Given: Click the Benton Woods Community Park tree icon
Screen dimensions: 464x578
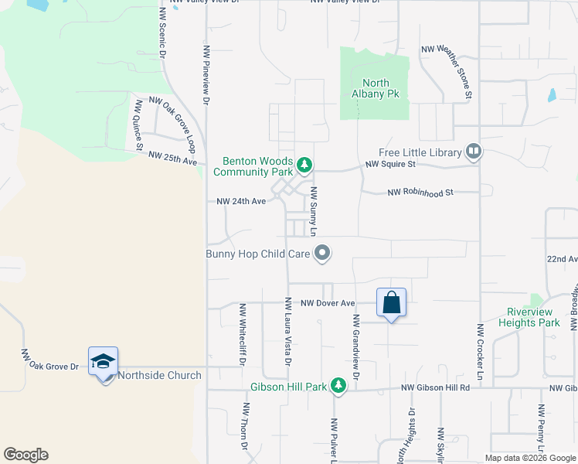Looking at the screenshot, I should coord(305,165).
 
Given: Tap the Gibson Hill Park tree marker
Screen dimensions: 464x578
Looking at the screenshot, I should coord(338,384).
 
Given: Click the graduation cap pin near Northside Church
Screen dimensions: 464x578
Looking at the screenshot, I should coord(103,362).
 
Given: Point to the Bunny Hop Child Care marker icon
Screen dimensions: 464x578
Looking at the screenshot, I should coord(323,253).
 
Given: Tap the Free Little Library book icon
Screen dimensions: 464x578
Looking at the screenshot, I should coord(474,152).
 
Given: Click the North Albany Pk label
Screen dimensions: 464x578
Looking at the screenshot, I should coord(376,88).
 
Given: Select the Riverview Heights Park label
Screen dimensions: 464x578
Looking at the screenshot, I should coord(532,317).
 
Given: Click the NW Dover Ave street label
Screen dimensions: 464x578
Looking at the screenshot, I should coord(328,303).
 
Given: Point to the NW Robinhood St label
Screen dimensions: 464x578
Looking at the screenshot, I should coord(420,192).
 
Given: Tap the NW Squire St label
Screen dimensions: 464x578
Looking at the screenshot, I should coord(390,164).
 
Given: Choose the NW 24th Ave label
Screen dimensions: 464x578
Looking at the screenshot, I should coord(241,201).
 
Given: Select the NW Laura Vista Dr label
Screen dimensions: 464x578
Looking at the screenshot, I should coord(287,332).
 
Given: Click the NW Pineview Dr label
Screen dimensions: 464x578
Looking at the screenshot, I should coord(206,74).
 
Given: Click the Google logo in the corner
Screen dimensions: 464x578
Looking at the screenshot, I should coord(25,455).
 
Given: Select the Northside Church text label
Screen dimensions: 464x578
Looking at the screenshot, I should coord(159,376).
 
